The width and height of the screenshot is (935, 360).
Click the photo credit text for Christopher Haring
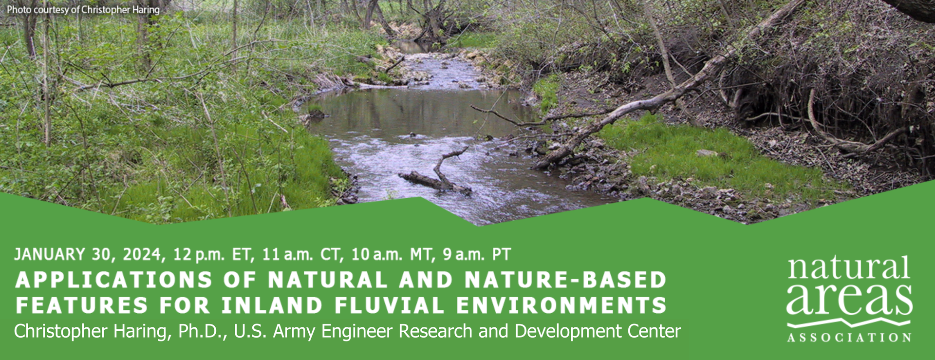(83, 9)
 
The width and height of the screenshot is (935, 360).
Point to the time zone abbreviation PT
(502, 254)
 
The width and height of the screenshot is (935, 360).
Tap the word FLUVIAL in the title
(389, 305)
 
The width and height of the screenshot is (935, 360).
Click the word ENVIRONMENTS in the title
(561, 305)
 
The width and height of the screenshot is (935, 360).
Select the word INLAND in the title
(272, 305)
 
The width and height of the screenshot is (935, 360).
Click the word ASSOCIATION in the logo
(849, 338)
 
